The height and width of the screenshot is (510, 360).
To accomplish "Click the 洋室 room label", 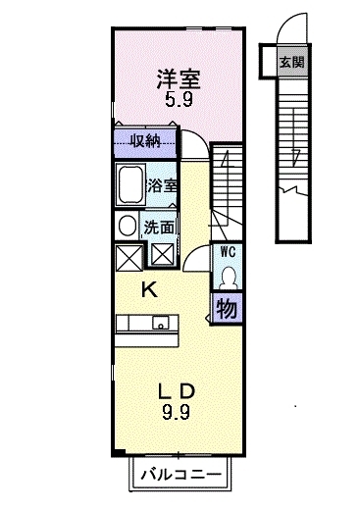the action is (179, 79).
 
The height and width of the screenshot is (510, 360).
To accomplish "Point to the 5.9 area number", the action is (179, 99).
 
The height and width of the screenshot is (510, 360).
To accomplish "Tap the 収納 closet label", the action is (145, 141).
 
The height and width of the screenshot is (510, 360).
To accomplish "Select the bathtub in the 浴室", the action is (130, 185).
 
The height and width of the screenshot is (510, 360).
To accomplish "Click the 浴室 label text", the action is (162, 185).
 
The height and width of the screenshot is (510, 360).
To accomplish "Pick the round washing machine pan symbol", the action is (128, 227).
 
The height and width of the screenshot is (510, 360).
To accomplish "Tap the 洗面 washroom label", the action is (159, 228).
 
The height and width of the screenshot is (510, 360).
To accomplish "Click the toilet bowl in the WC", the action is (228, 279).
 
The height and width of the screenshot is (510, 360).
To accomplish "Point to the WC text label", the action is (228, 252).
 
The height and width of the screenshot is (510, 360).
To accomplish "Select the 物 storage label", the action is (227, 309).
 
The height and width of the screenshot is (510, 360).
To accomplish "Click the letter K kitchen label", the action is (149, 289).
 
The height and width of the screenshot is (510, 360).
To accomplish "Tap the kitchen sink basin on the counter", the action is (161, 323).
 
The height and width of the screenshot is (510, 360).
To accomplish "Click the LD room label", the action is (177, 391).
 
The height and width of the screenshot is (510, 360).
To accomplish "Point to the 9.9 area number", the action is (176, 412).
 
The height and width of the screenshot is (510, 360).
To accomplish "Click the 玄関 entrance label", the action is (291, 62).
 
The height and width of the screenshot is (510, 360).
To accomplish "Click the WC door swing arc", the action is (193, 252).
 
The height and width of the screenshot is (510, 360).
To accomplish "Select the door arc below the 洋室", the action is (200, 136).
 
